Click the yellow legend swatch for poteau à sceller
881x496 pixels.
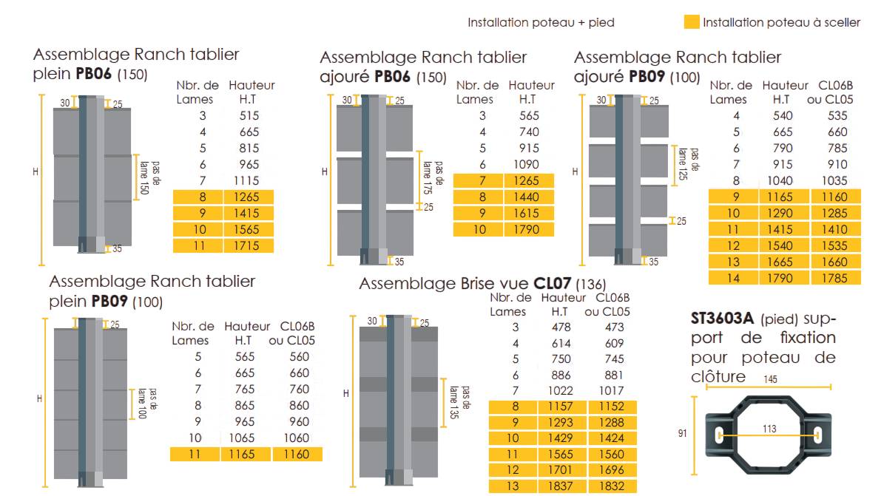point(692,23)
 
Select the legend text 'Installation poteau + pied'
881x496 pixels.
point(541,23)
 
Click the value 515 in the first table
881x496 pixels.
point(250,115)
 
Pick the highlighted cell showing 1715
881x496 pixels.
point(250,245)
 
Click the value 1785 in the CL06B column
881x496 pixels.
point(836,278)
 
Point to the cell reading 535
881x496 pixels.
point(836,115)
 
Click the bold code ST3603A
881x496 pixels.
point(722,319)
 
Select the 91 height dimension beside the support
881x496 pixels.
point(682,434)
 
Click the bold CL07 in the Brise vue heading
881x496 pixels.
point(553,284)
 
